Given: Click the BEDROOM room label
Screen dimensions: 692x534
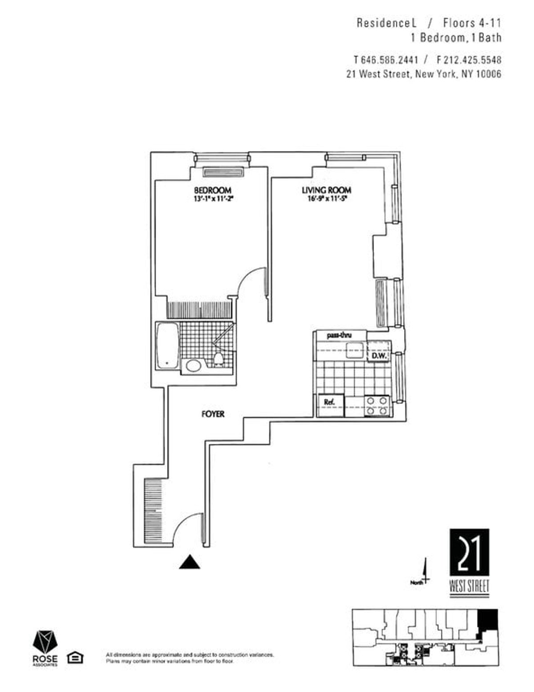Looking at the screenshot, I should [x=212, y=190].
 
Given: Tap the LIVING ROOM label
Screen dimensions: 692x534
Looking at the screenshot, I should [x=326, y=190].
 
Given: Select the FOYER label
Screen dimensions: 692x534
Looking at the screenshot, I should [x=213, y=414].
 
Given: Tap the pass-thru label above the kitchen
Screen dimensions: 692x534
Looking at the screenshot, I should [x=339, y=335].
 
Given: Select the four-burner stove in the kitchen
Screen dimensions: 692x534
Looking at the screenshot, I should [x=376, y=406].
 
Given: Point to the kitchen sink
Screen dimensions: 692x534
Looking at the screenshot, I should [x=356, y=350].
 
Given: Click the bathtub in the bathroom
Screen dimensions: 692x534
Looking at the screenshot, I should [x=167, y=346].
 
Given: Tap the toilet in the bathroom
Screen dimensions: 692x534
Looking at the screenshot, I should [x=218, y=359].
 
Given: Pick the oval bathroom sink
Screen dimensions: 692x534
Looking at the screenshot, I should [x=193, y=366].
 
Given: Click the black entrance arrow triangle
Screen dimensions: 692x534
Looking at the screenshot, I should [x=190, y=563].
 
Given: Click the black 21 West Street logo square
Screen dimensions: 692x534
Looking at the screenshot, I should [x=469, y=553].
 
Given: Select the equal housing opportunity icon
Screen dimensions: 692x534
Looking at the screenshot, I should [x=75, y=657].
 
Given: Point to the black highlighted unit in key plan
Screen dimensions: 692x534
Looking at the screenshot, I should [x=488, y=619].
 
